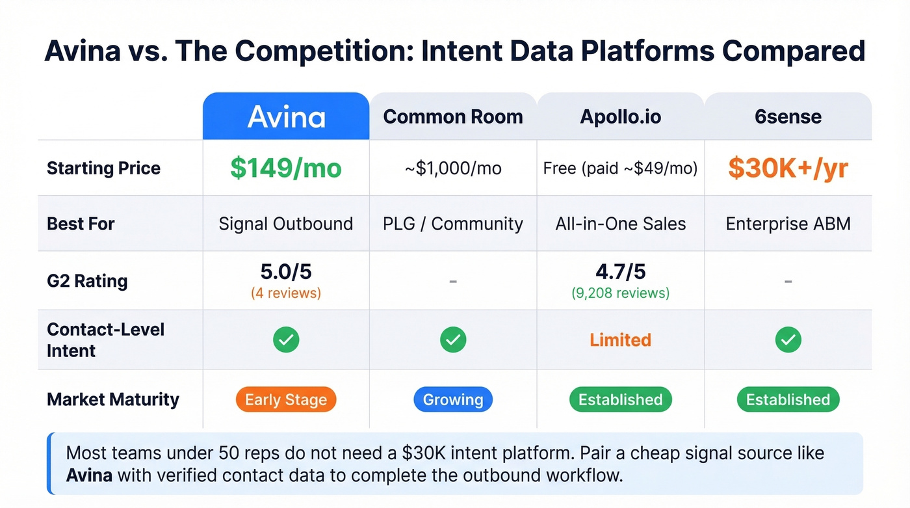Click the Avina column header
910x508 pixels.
click(x=286, y=117)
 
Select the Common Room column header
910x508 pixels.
click(x=453, y=117)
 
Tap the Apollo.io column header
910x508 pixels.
click(x=620, y=117)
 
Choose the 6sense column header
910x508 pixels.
click(x=788, y=117)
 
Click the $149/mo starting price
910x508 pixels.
click(x=286, y=168)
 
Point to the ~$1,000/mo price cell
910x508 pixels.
click(x=453, y=168)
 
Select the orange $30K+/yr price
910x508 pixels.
click(x=788, y=168)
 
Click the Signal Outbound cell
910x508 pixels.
click(x=286, y=224)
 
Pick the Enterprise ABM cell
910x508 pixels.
click(x=788, y=224)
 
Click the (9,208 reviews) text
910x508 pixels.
click(x=620, y=293)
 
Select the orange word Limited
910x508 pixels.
click(x=620, y=340)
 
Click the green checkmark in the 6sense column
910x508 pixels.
click(x=788, y=340)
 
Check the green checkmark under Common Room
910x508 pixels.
click(x=453, y=340)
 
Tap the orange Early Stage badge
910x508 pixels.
click(x=286, y=399)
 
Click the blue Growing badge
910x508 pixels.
click(x=453, y=399)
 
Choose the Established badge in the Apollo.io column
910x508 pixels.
click(x=620, y=399)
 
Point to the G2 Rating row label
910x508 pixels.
click(x=87, y=281)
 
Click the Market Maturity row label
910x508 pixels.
click(x=112, y=399)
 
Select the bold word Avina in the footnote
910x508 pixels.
click(x=89, y=475)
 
